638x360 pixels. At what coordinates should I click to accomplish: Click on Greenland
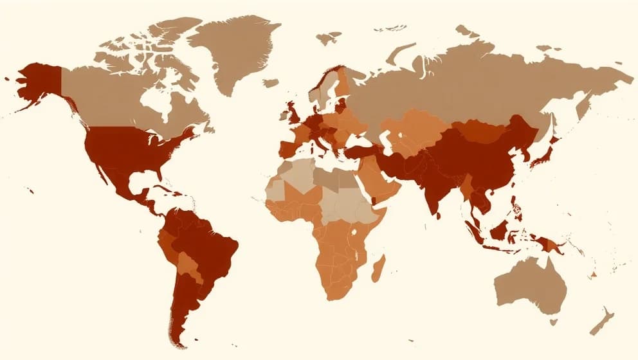[238, 51]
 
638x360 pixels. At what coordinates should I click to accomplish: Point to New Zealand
[602, 321]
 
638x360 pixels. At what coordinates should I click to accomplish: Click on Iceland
[271, 83]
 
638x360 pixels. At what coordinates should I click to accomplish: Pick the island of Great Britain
[295, 114]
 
